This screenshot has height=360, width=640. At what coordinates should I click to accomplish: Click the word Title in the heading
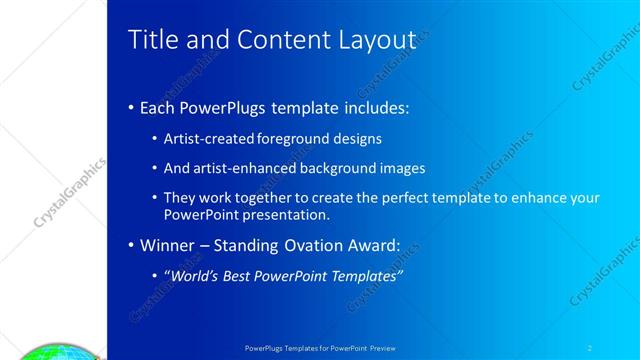coord(151,39)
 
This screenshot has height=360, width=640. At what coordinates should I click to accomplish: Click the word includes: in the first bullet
coord(372,107)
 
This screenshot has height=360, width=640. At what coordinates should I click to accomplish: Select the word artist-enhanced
coord(245,168)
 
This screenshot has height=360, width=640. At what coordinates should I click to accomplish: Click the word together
coord(268,199)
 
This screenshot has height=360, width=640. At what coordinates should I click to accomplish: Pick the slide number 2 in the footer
coord(590,346)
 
